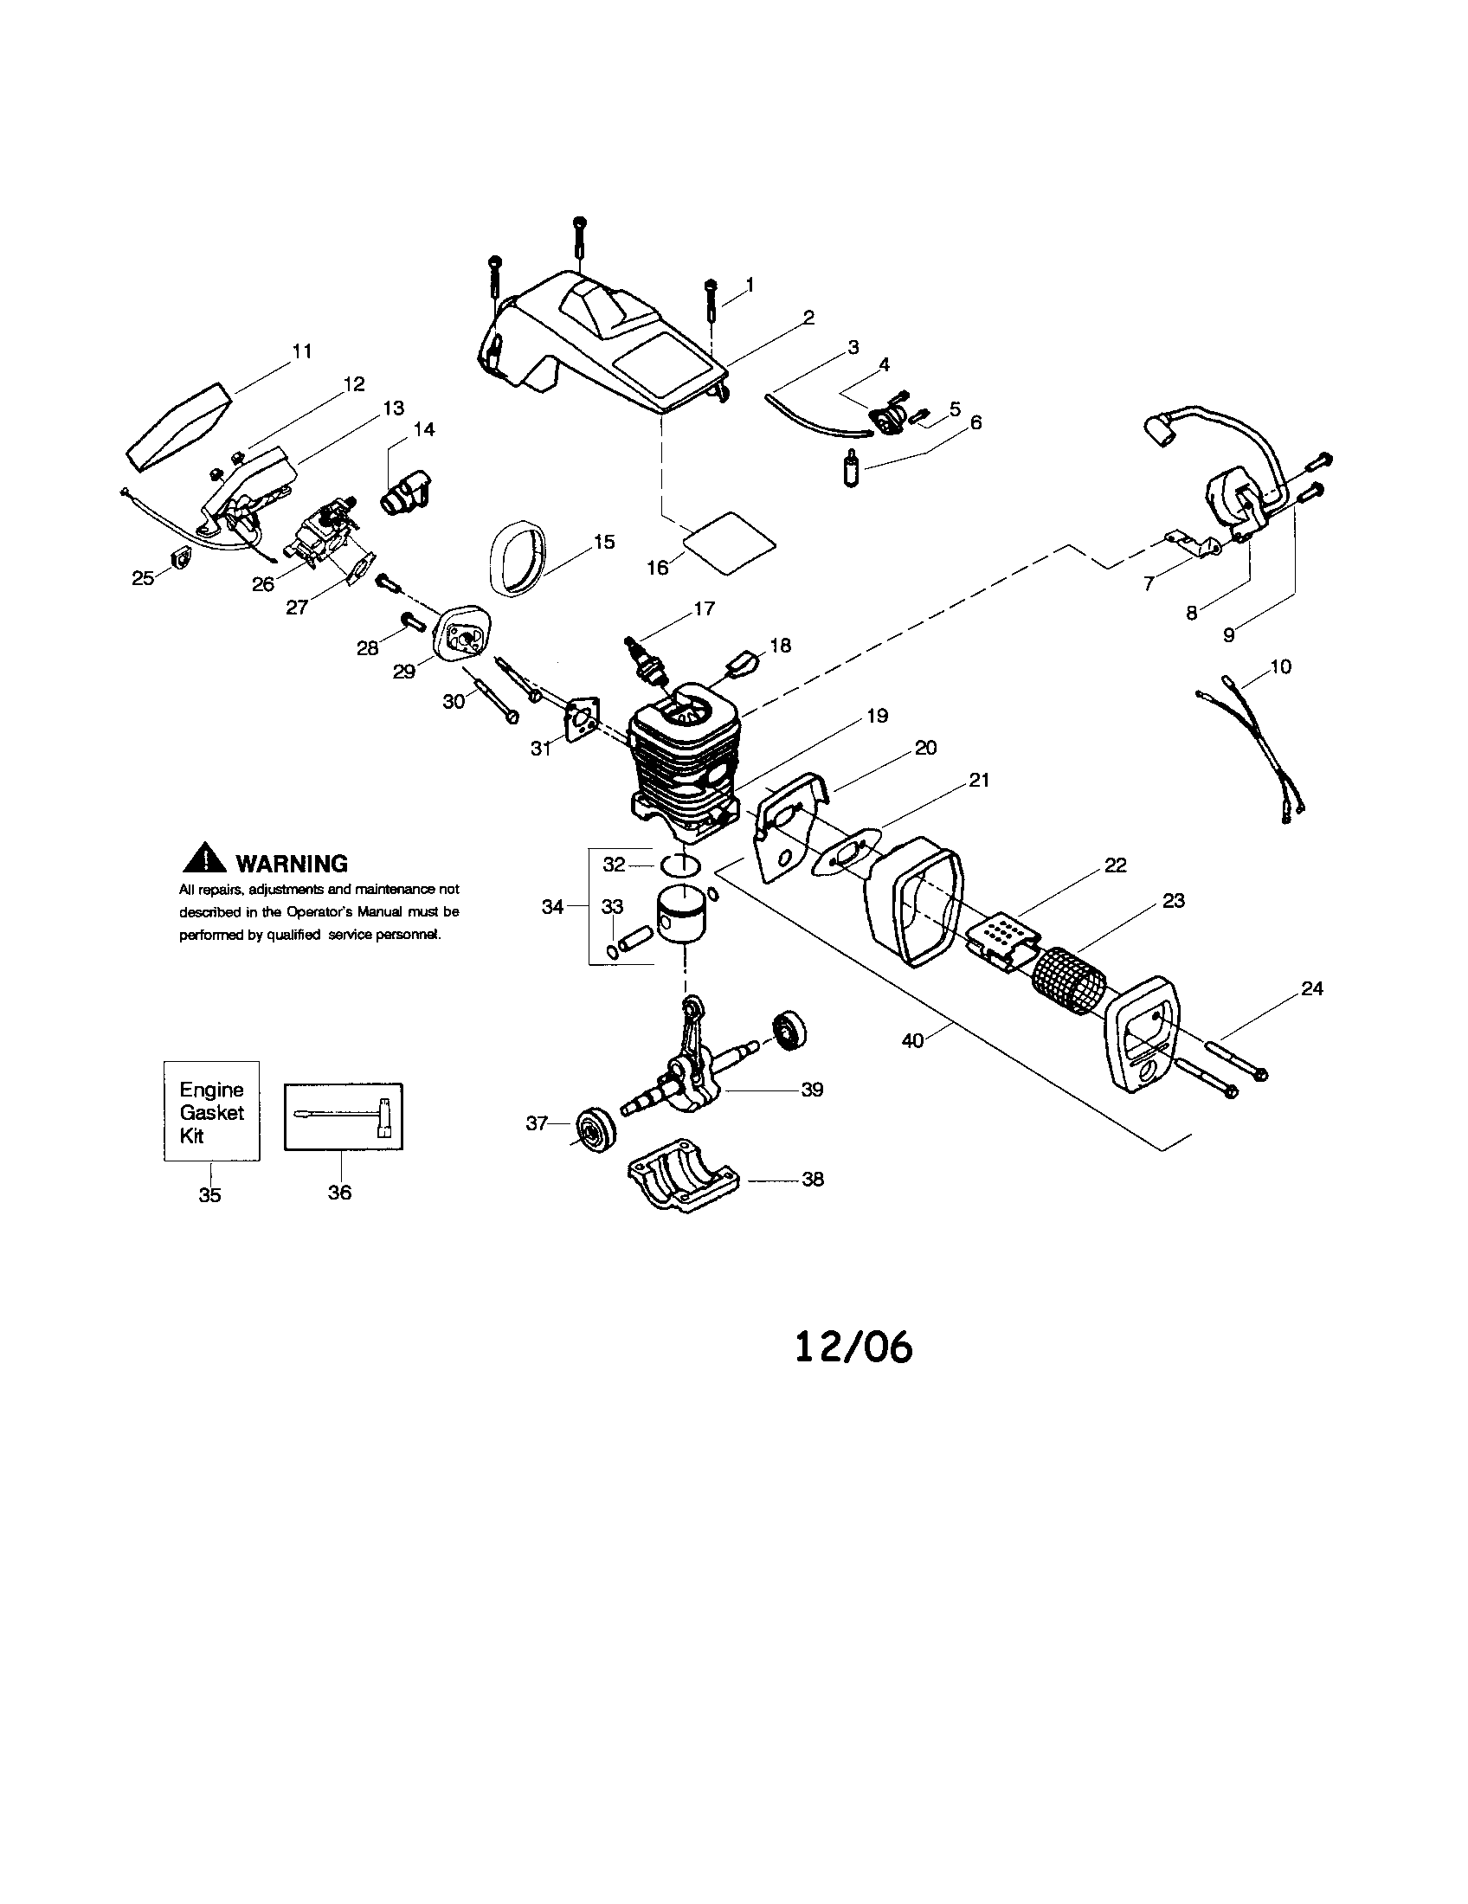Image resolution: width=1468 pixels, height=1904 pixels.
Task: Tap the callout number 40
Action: [911, 1040]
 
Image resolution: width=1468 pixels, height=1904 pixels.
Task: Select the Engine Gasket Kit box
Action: [212, 1111]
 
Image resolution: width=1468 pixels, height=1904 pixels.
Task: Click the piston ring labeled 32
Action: [681, 864]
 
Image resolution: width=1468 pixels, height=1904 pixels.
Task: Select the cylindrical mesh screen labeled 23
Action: [1069, 981]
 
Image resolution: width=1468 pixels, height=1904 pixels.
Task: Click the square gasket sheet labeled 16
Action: [729, 544]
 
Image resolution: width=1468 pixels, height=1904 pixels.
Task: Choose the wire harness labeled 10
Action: [1250, 749]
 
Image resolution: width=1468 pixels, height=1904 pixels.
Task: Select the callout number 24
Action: [1311, 987]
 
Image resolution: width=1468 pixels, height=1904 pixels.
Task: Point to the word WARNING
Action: [291, 864]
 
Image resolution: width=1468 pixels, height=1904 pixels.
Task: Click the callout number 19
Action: [877, 715]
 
